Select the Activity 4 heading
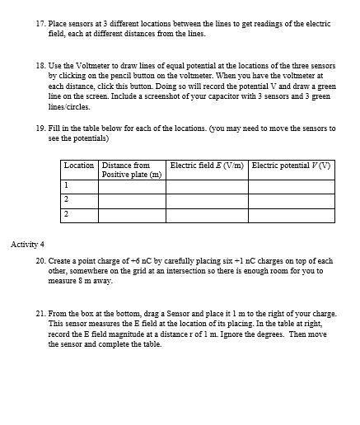(x=28, y=245)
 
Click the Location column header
(x=79, y=166)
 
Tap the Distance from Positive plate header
(x=131, y=170)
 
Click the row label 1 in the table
(x=66, y=186)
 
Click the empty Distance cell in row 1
(x=131, y=186)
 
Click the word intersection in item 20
(x=176, y=271)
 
